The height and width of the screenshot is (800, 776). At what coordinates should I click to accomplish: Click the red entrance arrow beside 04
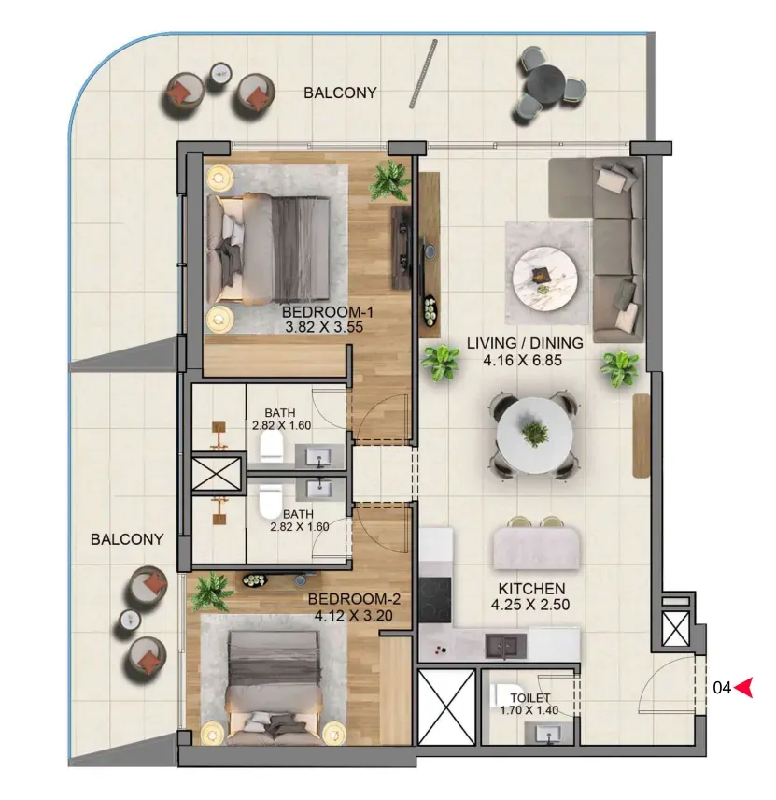pyautogui.click(x=744, y=687)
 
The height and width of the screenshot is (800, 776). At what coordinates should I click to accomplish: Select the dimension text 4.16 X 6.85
pyautogui.click(x=523, y=360)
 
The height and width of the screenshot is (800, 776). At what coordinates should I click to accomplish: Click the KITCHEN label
pyautogui.click(x=531, y=588)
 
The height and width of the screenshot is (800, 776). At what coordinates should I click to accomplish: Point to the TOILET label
pyautogui.click(x=530, y=697)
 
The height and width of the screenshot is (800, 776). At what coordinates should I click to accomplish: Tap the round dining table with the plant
pyautogui.click(x=535, y=435)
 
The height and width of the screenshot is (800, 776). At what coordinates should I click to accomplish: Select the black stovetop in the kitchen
pyautogui.click(x=435, y=600)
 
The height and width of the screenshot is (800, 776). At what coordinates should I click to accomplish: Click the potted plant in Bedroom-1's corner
pyautogui.click(x=391, y=180)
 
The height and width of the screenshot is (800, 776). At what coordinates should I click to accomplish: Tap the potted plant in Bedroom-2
pyautogui.click(x=212, y=592)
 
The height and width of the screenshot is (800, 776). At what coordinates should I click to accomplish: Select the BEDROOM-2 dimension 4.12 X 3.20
pyautogui.click(x=353, y=615)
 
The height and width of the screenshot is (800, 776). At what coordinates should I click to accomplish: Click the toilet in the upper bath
pyautogui.click(x=271, y=448)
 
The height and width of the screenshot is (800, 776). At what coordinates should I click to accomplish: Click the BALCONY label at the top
pyautogui.click(x=340, y=93)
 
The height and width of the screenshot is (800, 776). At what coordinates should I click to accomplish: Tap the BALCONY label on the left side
pyautogui.click(x=127, y=538)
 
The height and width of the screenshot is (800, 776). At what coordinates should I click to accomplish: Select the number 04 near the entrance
pyautogui.click(x=722, y=688)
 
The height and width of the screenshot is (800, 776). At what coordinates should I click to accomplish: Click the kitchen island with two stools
pyautogui.click(x=536, y=548)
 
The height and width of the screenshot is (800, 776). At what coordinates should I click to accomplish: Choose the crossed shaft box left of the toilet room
pyautogui.click(x=446, y=706)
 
